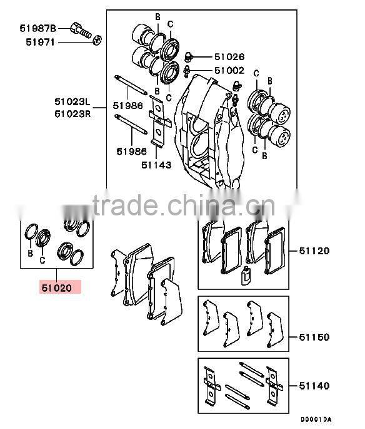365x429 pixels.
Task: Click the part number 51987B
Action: pyautogui.click(x=37, y=28)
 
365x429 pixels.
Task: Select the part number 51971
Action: pyautogui.click(x=41, y=42)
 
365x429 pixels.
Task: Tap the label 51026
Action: pyautogui.click(x=229, y=57)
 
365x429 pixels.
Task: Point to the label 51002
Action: pyautogui.click(x=229, y=71)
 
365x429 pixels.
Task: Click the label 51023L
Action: pyautogui.click(x=72, y=102)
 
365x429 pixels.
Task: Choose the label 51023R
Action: pyautogui.click(x=72, y=113)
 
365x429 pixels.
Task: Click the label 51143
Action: pyautogui.click(x=156, y=165)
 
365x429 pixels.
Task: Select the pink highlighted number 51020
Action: pyautogui.click(x=57, y=288)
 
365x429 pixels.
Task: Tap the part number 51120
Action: pyautogui.click(x=314, y=251)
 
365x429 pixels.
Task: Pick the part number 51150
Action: pyautogui.click(x=314, y=337)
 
